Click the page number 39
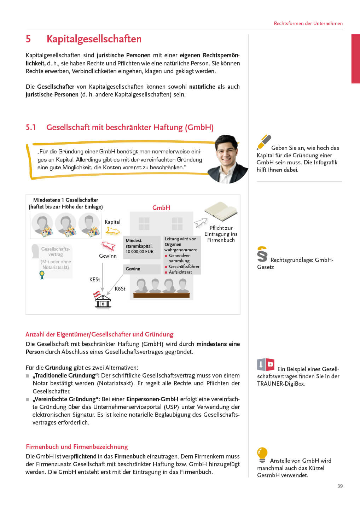(x=340, y=486)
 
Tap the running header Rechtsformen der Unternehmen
(x=308, y=23)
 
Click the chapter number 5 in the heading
(x=28, y=39)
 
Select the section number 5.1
(x=31, y=127)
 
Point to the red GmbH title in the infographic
(x=161, y=208)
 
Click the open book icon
(x=221, y=211)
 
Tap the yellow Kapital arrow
(x=113, y=231)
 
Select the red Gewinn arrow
(x=109, y=246)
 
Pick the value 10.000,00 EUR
(x=139, y=252)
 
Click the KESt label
(x=94, y=280)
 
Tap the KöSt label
(x=120, y=289)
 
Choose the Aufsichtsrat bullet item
(x=180, y=272)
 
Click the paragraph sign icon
(x=262, y=254)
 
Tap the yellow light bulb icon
(x=262, y=455)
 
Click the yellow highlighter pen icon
(x=264, y=142)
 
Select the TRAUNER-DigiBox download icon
(x=266, y=364)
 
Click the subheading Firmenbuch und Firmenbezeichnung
(x=77, y=447)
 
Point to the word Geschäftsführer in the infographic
(x=184, y=267)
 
